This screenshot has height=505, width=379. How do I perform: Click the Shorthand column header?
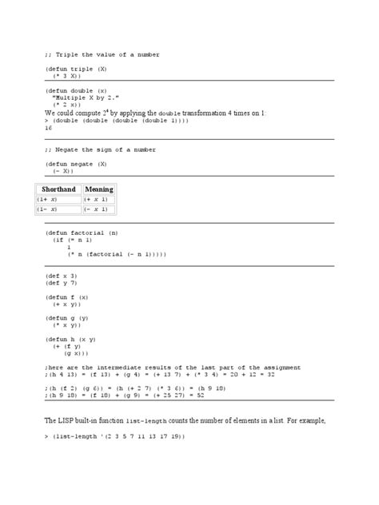point(58,189)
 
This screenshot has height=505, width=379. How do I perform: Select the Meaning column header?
point(99,189)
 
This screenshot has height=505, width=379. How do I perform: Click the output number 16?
point(49,127)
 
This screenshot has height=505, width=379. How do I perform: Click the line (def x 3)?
point(61,276)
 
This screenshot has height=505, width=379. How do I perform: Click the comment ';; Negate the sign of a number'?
point(100,149)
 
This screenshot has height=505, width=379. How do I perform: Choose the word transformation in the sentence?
point(200,113)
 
